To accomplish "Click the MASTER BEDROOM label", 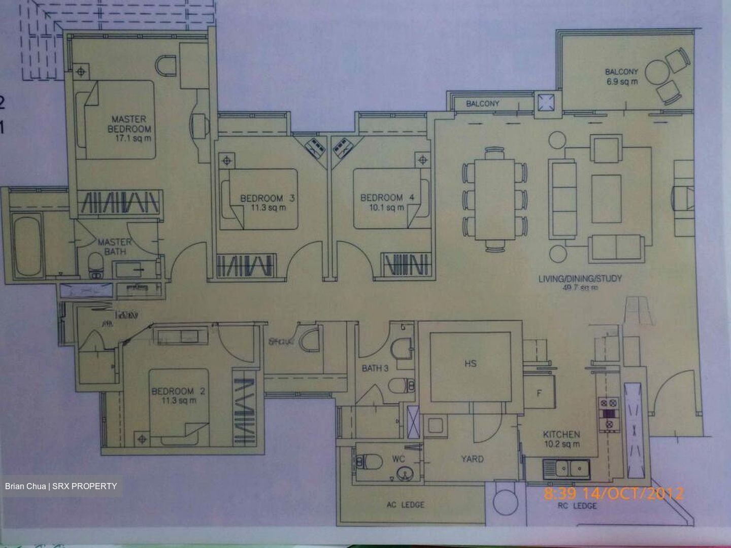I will (129, 124).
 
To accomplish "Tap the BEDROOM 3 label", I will (267, 198).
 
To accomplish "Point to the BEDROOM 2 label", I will (178, 391).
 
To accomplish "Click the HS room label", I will (470, 363).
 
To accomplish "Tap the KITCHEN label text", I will (561, 434).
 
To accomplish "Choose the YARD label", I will (472, 459).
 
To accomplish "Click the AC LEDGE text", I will (405, 505).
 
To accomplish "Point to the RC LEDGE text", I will (578, 506).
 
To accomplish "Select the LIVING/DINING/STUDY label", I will (580, 279).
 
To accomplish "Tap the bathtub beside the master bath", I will (27, 246).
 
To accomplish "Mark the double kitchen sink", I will (566, 468).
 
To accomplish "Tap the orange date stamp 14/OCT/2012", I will (632, 493).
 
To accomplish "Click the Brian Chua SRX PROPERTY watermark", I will (61, 486).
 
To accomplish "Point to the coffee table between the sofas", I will (606, 198).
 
